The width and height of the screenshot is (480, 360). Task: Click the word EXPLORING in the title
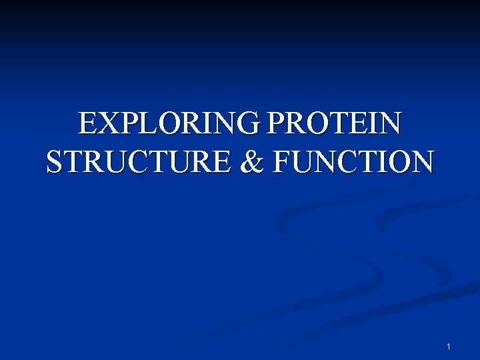pos(169,124)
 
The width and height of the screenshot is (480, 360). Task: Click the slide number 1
pos(449,347)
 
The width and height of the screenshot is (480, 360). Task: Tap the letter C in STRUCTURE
pos(131,162)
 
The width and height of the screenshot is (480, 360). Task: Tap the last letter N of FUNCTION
pos(420,162)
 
